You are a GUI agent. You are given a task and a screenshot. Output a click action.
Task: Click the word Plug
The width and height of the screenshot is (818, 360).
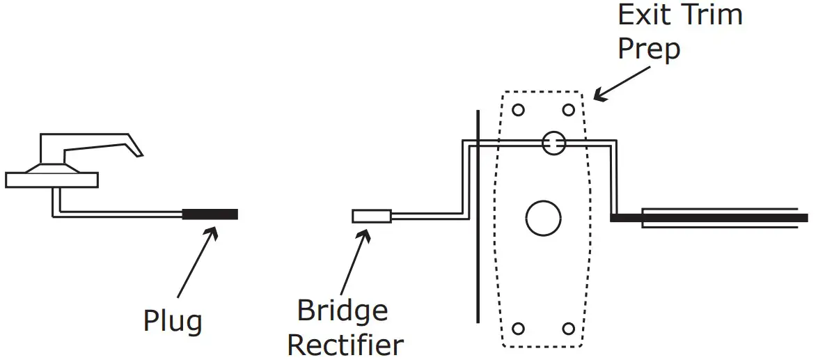click(x=173, y=321)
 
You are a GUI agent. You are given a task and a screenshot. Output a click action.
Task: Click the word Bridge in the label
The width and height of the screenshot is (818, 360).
click(x=342, y=311)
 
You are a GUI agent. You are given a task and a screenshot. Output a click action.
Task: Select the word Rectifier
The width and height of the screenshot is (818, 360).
click(x=345, y=344)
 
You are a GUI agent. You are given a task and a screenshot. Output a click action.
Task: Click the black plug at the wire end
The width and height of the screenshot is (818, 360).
click(x=210, y=214)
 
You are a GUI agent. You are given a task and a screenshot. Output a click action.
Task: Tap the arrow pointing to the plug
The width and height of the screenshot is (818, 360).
click(x=196, y=265)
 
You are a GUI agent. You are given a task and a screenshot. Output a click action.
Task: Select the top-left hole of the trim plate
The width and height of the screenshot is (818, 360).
click(x=518, y=109)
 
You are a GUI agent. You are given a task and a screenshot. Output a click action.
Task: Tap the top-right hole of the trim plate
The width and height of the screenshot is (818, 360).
click(x=568, y=109)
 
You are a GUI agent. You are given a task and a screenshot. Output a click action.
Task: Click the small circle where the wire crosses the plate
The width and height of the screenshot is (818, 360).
click(x=553, y=143)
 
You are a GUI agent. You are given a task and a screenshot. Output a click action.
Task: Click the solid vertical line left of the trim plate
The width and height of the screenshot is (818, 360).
click(x=478, y=216)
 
